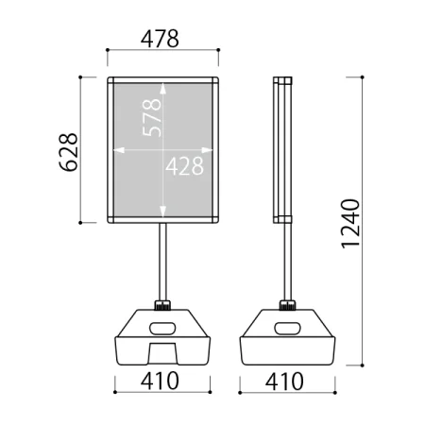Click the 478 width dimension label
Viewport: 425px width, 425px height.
point(160,39)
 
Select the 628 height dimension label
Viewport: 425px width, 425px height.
point(68,152)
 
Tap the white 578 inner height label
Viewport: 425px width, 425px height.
point(152,118)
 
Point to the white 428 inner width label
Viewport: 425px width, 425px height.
point(184,166)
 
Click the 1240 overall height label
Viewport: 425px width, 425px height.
point(350,224)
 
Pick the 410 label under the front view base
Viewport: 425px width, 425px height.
point(160,381)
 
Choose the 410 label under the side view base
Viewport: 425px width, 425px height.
point(284,382)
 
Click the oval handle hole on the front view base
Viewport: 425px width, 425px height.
point(162,329)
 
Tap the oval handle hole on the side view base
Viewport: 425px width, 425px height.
point(287,329)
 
